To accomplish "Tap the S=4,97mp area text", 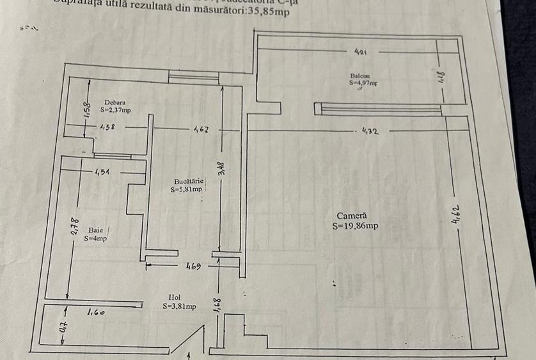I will coord(363,82).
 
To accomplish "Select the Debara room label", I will coord(114,102).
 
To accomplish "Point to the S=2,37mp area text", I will coord(115,110).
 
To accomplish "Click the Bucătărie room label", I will coord(186,181).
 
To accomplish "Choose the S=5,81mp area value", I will coord(186,189).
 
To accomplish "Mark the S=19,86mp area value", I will coord(355,226).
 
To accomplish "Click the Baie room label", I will coord(95,230).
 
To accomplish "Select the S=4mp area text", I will coord(95,239).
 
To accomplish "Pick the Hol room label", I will coord(174,297).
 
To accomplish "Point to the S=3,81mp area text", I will coord(178,306).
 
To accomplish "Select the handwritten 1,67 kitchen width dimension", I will coord(200,129).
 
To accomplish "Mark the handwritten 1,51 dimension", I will coord(102,171).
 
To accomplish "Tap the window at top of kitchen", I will coord(194,77).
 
